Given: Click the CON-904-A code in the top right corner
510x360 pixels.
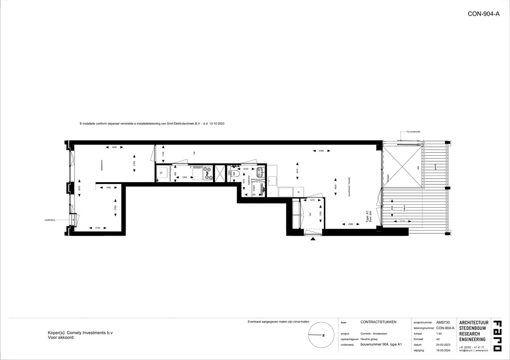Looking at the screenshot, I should click(x=484, y=14).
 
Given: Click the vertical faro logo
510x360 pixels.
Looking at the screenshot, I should click(x=497, y=336).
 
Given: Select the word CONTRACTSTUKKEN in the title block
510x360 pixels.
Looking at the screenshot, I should click(x=378, y=322).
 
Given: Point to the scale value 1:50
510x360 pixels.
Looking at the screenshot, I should click(x=439, y=333).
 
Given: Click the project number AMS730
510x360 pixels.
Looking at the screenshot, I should click(x=443, y=322).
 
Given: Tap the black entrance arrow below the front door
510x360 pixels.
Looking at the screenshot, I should click(x=313, y=239).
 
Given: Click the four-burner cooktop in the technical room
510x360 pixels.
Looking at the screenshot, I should click(x=208, y=174).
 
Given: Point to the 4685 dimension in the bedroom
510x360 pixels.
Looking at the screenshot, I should click(x=114, y=148).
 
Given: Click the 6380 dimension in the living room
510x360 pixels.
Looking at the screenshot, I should click(x=321, y=151).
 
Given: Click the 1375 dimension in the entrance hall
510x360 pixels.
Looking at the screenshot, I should click(x=312, y=201).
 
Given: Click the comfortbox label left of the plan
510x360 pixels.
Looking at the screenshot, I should click(x=50, y=220).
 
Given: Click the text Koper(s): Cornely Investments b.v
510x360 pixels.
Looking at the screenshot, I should click(x=80, y=333).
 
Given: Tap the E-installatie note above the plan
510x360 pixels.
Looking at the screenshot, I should click(x=152, y=124).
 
